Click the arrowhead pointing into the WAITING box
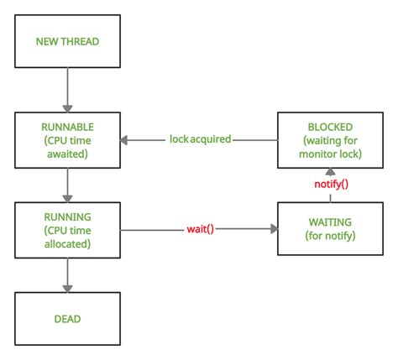point(274,228)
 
